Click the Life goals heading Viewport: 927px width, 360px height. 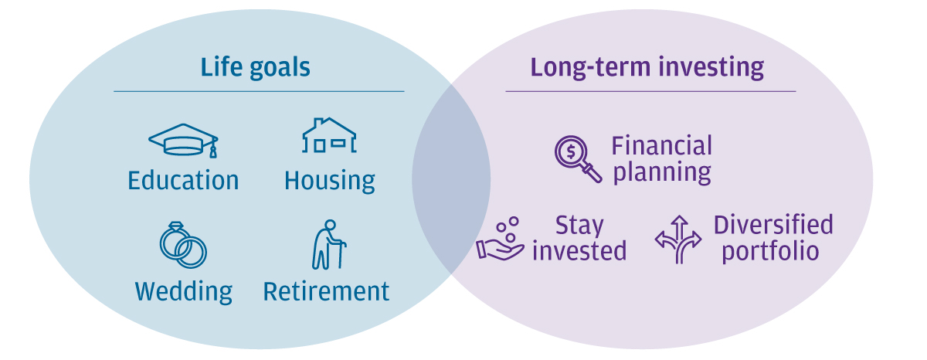256,67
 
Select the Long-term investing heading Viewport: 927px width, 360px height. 647,67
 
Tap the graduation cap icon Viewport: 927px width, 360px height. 183,141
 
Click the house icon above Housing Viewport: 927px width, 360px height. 329,136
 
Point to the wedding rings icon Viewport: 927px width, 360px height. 183,245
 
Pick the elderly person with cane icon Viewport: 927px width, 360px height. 329,245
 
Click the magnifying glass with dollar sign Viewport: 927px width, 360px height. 578,159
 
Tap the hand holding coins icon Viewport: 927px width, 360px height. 500,239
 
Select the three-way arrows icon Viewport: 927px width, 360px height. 678,239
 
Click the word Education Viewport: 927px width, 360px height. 183,181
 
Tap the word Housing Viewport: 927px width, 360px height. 329,182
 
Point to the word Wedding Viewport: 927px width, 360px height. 184,292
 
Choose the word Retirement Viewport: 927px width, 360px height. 326,292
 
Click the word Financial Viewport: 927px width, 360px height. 662,146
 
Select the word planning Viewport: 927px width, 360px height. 662,172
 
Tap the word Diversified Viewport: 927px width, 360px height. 773,225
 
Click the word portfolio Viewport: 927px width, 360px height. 771,252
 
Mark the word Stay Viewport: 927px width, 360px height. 579,226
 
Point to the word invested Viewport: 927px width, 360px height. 579,251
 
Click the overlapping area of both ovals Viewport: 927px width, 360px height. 451,179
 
